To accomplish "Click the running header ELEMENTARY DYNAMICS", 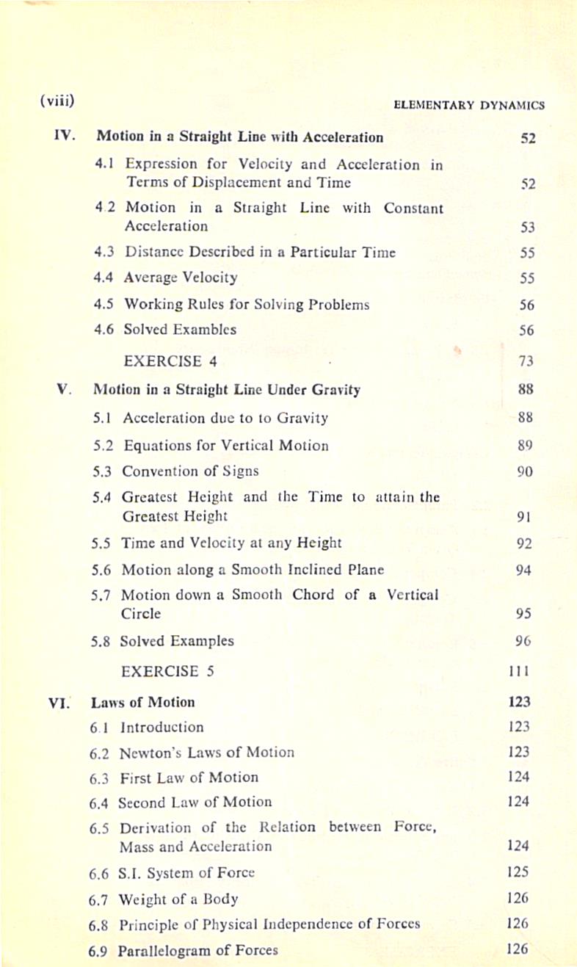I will tap(469, 105).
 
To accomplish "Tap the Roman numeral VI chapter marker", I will tap(59, 702).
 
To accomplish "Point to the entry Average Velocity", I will tap(181, 278).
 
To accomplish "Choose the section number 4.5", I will tap(104, 304).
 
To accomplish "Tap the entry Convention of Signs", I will tap(190, 471).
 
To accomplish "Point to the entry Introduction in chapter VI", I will tap(162, 728).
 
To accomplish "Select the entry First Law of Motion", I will tap(189, 778).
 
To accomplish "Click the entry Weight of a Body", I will tap(178, 899).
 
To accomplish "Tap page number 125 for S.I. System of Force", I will tap(518, 873).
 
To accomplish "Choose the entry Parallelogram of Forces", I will tap(198, 950).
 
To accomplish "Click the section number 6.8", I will tap(99, 924).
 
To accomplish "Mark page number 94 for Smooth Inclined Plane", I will tap(523, 570).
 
